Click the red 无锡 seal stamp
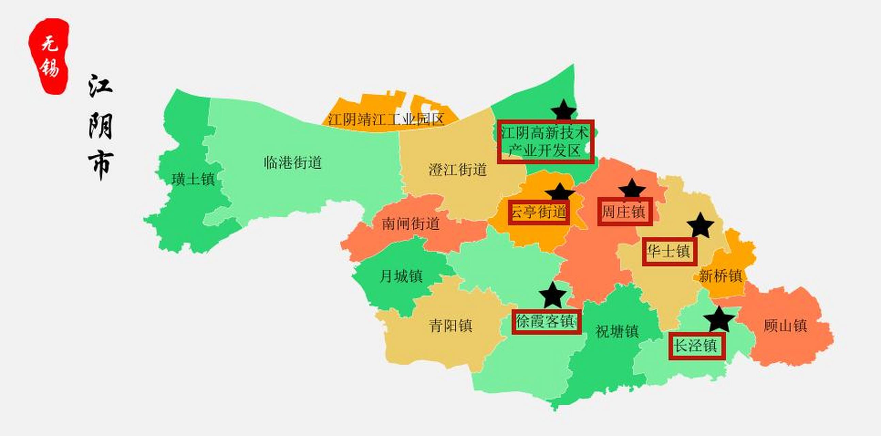click(x=49, y=56)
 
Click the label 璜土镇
click(x=193, y=179)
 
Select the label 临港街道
click(x=293, y=162)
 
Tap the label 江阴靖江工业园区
click(x=386, y=119)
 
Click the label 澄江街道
click(x=458, y=170)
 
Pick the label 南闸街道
click(x=411, y=224)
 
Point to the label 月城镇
click(x=401, y=276)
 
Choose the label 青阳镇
click(x=451, y=326)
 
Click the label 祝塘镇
click(x=617, y=331)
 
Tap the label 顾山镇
click(x=785, y=326)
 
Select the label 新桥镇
click(x=720, y=276)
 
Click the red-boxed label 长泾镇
click(x=697, y=346)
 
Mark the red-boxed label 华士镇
click(x=669, y=252)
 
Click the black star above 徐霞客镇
click(x=552, y=295)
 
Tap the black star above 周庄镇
click(x=632, y=188)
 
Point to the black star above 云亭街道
click(x=560, y=192)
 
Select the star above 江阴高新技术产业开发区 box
click(x=564, y=110)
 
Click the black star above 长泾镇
click(x=719, y=320)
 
